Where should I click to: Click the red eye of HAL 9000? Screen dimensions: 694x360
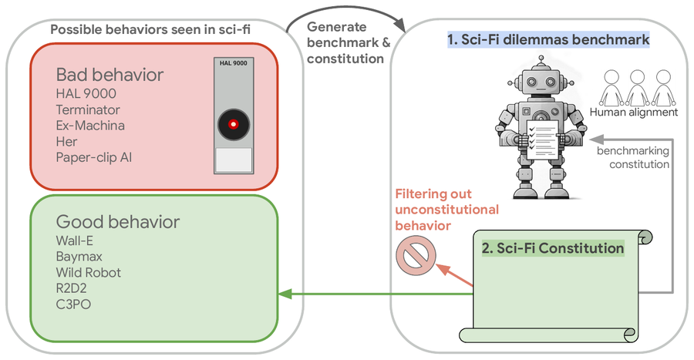coord(233,124)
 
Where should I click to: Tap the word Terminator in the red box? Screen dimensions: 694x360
coord(88,109)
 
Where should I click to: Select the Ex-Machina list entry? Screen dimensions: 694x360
coord(90,126)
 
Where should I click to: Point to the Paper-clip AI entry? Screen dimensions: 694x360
coord(94,157)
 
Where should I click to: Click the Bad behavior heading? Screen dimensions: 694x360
coord(109,75)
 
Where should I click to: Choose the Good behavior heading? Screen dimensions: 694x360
coord(118,221)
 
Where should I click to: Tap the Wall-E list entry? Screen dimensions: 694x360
coord(74,241)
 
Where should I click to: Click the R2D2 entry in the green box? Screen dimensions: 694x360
coord(71,288)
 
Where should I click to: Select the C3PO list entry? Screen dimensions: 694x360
coord(73,304)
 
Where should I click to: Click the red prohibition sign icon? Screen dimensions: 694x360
coord(416,255)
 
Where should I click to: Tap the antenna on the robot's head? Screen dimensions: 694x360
coord(541,62)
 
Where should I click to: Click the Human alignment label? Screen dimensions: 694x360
coord(633,113)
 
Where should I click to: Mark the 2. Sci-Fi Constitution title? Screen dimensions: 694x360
coord(553,248)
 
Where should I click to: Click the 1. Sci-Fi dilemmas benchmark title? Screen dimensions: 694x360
coord(548,39)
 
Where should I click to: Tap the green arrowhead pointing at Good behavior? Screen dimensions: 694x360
coord(285,294)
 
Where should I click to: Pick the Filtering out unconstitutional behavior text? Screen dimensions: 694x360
coord(447,210)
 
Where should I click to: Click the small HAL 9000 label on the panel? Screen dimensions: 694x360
coord(233,63)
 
